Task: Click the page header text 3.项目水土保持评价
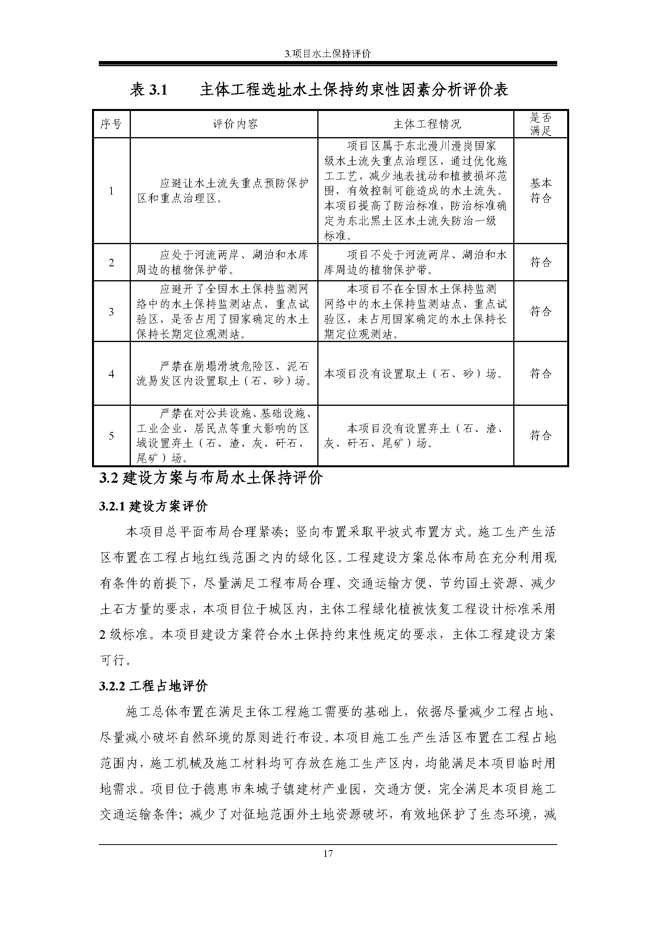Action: coord(328,54)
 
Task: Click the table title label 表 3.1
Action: coord(148,90)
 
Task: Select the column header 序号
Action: coord(111,124)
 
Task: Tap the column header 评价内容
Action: coord(224,124)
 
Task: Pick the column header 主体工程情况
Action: coord(416,124)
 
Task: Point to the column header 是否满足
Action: coord(541,124)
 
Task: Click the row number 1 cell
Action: coord(111,191)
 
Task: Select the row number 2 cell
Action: coord(111,262)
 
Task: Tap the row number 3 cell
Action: coord(111,312)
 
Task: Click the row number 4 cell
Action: coord(111,374)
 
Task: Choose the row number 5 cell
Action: coord(111,436)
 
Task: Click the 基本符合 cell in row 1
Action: coord(541,191)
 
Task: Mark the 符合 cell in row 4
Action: coord(541,374)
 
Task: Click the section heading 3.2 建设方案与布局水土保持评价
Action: coord(211,478)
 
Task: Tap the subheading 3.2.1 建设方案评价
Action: coord(153,506)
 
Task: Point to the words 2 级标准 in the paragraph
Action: coord(124,635)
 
